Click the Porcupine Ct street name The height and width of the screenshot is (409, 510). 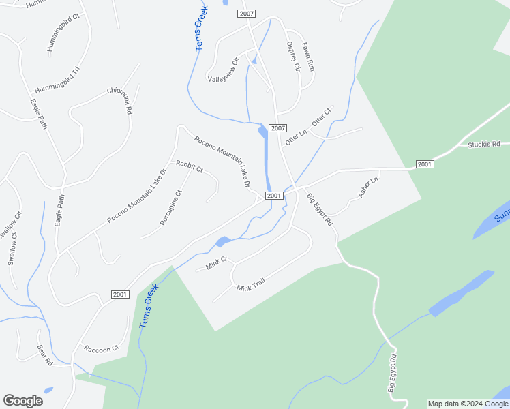(x=171, y=207)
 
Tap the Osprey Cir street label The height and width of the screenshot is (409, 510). (x=293, y=56)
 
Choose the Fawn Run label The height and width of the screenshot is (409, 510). (x=308, y=56)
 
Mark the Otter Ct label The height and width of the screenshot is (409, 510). (x=321, y=117)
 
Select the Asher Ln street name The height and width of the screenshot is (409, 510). (x=367, y=188)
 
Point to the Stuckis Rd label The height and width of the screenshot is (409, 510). (x=483, y=144)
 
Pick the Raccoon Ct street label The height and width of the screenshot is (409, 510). (x=102, y=349)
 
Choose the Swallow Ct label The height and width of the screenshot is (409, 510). (x=12, y=249)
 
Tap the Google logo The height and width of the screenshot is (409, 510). (x=22, y=401)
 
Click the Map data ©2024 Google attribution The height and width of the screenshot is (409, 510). (x=468, y=404)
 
